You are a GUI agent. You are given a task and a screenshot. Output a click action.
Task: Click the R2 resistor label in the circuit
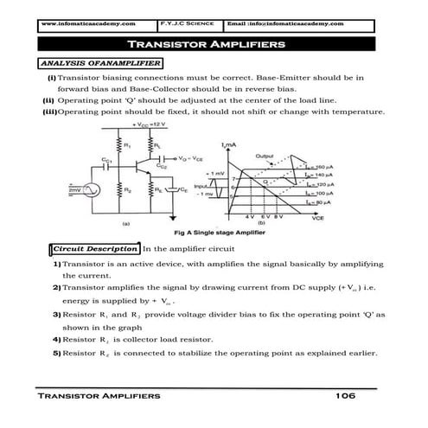pyautogui.click(x=128, y=188)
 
